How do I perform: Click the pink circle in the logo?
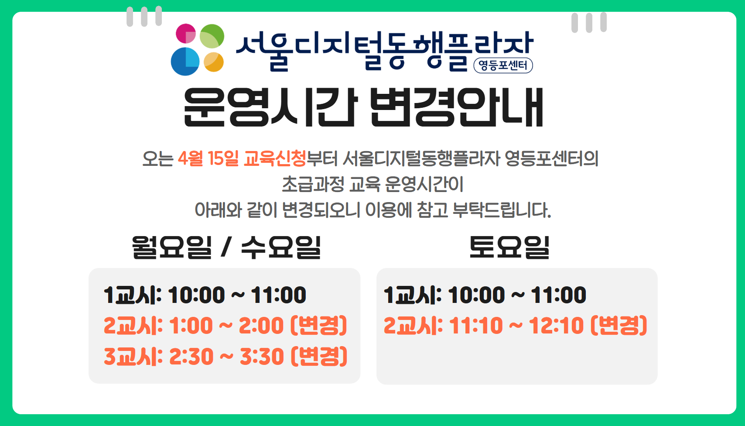[186, 34]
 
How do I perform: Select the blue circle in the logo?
[185, 62]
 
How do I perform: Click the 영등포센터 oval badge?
[503, 65]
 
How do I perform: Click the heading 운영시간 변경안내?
[363, 107]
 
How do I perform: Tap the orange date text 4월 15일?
[208, 158]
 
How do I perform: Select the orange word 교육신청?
[275, 158]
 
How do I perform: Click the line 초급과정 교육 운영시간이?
[372, 184]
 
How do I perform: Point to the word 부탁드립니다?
[502, 210]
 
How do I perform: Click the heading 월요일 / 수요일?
[226, 247]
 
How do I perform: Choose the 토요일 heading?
[509, 247]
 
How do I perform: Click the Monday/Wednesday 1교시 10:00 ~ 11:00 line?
[205, 295]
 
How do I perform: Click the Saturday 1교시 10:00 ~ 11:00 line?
[485, 295]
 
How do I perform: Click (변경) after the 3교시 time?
[319, 357]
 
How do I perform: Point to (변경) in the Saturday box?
[619, 326]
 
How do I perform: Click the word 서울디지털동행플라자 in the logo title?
[384, 49]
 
